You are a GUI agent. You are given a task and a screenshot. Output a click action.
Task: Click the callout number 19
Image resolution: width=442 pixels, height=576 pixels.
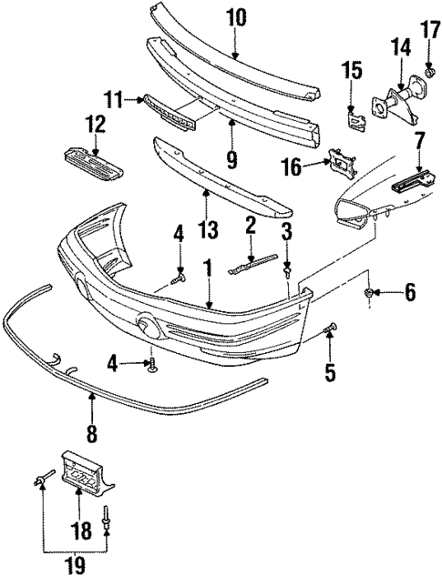pos(74,562)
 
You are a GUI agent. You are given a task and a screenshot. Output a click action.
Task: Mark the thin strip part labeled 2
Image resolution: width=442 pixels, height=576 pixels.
pos(250,265)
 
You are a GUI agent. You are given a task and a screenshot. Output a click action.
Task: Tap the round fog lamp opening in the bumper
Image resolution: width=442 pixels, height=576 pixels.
pos(147,326)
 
